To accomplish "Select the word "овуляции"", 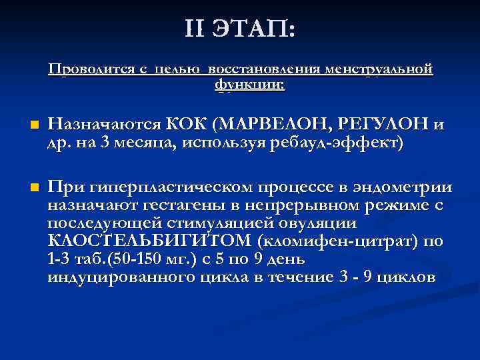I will pos(318,223).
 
